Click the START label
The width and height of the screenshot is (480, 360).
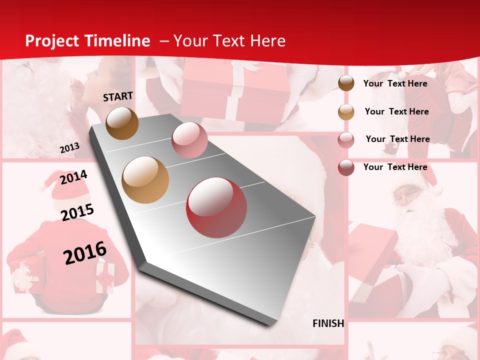click(118, 96)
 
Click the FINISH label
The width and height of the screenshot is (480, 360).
click(328, 323)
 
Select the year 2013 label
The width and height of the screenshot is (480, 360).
click(69, 148)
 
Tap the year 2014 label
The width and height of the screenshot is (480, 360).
click(73, 177)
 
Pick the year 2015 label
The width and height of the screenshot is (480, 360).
click(77, 212)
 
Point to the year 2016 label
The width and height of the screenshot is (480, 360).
click(85, 253)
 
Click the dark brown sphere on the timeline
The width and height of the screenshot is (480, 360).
click(122, 123)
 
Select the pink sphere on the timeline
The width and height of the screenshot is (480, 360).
click(189, 140)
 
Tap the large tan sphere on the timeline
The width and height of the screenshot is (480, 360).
click(145, 180)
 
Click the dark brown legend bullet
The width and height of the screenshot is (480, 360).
click(346, 83)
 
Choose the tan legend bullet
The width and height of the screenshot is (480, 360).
click(346, 111)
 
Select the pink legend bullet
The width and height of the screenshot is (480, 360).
click(346, 139)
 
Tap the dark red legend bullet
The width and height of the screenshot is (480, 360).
click(346, 167)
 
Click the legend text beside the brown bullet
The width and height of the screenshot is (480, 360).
click(395, 83)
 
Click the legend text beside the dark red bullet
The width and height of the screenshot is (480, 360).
click(395, 167)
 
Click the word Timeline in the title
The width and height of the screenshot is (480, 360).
click(118, 41)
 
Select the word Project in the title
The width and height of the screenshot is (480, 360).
click(52, 41)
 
